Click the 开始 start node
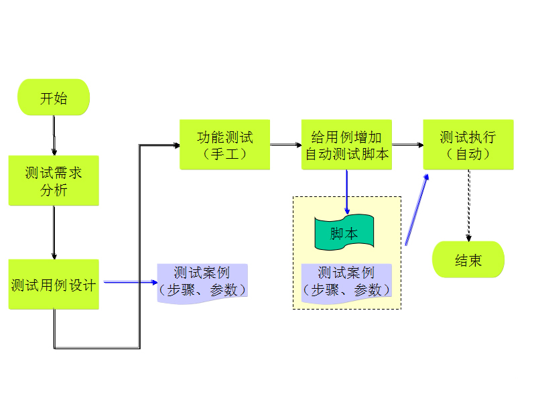[x=54, y=98]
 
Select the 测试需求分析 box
[x=54, y=181]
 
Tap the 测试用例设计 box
[x=54, y=285]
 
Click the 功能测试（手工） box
[x=224, y=145]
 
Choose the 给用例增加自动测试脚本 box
[x=346, y=145]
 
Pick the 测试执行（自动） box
[x=468, y=145]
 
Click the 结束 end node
[x=468, y=260]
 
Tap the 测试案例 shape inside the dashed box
[x=346, y=282]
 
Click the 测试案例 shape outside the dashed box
[x=202, y=282]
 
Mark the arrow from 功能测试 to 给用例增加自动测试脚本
[x=285, y=144]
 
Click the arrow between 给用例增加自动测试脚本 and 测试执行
[x=407, y=144]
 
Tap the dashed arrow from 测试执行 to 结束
[x=468, y=205]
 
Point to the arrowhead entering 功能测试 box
[x=176, y=145]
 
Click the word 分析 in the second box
[x=54, y=190]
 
